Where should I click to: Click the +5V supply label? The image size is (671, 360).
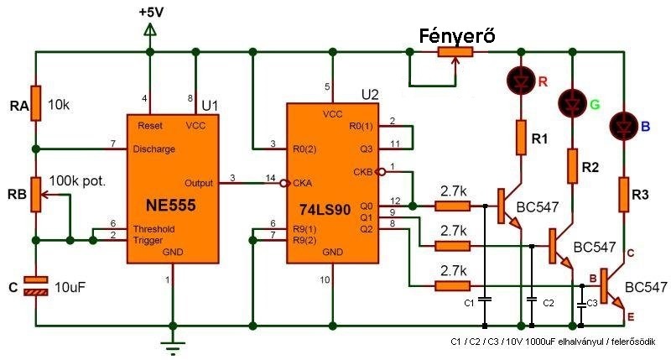pyautogui.click(x=151, y=12)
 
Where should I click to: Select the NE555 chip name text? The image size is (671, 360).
pyautogui.click(x=171, y=205)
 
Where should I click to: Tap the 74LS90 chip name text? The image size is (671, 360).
pyautogui.click(x=325, y=209)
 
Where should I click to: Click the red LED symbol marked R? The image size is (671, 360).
pyautogui.click(x=521, y=80)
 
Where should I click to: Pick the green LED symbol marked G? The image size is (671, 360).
pyautogui.click(x=572, y=103)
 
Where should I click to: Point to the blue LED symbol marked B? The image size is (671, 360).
pyautogui.click(x=623, y=125)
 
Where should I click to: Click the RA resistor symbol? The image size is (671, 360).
pyautogui.click(x=36, y=103)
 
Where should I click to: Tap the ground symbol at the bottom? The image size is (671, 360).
pyautogui.click(x=173, y=345)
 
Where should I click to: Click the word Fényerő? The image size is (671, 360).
pyautogui.click(x=456, y=36)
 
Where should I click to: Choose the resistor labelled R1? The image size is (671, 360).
pyautogui.click(x=521, y=137)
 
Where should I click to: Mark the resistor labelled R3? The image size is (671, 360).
pyautogui.click(x=623, y=195)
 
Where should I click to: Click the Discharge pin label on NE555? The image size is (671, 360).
pyautogui.click(x=154, y=149)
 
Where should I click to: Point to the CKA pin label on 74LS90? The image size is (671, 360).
pyautogui.click(x=302, y=183)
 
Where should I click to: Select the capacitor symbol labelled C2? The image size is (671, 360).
pyautogui.click(x=532, y=300)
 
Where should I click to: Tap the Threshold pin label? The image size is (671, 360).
pyautogui.click(x=154, y=229)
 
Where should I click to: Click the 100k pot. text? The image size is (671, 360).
pyautogui.click(x=77, y=181)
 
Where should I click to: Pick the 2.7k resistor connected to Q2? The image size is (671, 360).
pyautogui.click(x=453, y=286)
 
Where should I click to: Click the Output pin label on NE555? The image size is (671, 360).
pyautogui.click(x=199, y=183)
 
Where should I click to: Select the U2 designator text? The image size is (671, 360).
pyautogui.click(x=370, y=95)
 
